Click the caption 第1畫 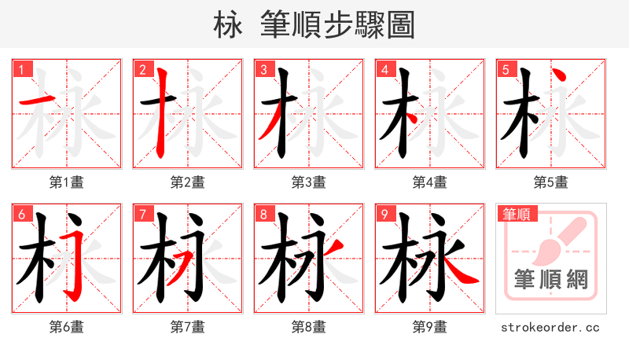pyautogui.click(x=66, y=182)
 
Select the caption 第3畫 pyautogui.click(x=308, y=182)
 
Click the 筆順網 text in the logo pyautogui.click(x=550, y=279)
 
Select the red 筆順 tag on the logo pyautogui.click(x=516, y=213)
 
